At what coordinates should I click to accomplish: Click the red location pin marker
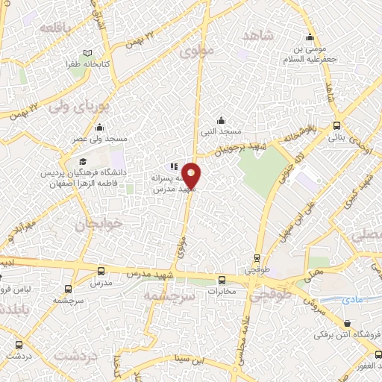[x=191, y=175]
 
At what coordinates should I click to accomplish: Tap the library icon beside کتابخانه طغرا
[x=89, y=54]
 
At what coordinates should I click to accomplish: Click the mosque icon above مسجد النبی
[x=221, y=120]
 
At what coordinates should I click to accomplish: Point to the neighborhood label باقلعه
[x=38, y=27]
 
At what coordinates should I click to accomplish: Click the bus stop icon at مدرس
[x=101, y=271]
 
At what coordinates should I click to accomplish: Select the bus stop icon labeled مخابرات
[x=221, y=280]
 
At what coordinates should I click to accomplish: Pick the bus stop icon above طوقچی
[x=257, y=259]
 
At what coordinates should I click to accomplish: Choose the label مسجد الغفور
[x=360, y=367]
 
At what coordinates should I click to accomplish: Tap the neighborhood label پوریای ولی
[x=79, y=107]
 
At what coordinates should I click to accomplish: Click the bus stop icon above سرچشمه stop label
[x=69, y=289]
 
